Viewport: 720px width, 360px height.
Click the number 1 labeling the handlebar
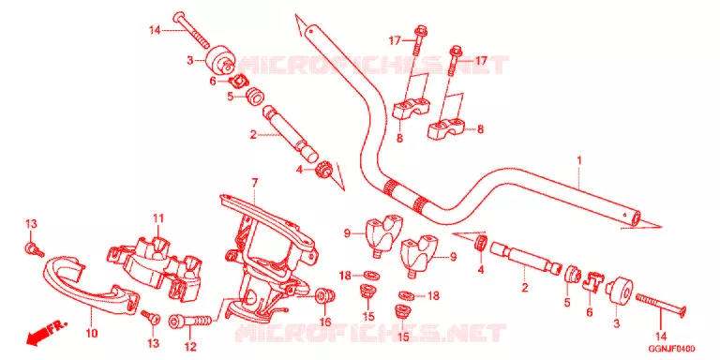[x=579, y=161]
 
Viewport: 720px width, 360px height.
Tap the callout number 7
[x=254, y=183]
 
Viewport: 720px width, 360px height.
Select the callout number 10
[x=92, y=334]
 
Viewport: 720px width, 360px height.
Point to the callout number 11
[x=158, y=218]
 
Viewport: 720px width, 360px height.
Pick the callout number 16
[x=325, y=322]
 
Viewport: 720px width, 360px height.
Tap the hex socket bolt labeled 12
[x=192, y=321]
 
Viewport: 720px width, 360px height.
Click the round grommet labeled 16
[x=323, y=295]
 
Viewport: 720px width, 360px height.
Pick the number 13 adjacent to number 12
[x=153, y=343]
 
